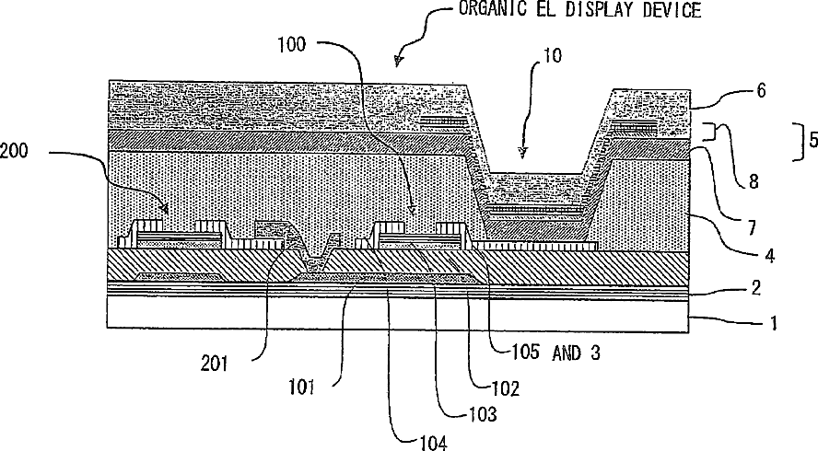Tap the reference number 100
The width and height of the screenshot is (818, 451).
coord(297,43)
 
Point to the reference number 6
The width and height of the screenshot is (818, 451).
coord(760,90)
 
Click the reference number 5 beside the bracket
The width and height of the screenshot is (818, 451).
coord(811,141)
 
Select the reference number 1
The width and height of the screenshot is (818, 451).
coord(775,323)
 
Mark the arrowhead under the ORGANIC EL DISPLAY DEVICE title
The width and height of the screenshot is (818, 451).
coord(397,63)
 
